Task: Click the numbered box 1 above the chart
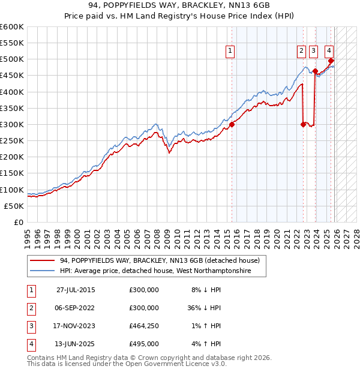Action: tap(230, 52)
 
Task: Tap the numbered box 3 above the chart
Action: tap(314, 52)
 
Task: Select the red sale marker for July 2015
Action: tap(232, 125)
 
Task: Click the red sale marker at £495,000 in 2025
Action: tap(331, 61)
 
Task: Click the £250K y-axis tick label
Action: tap(12, 141)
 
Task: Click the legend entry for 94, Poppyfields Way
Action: tap(159, 260)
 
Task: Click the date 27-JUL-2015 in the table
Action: tap(76, 290)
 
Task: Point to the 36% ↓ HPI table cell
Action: tap(205, 308)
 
